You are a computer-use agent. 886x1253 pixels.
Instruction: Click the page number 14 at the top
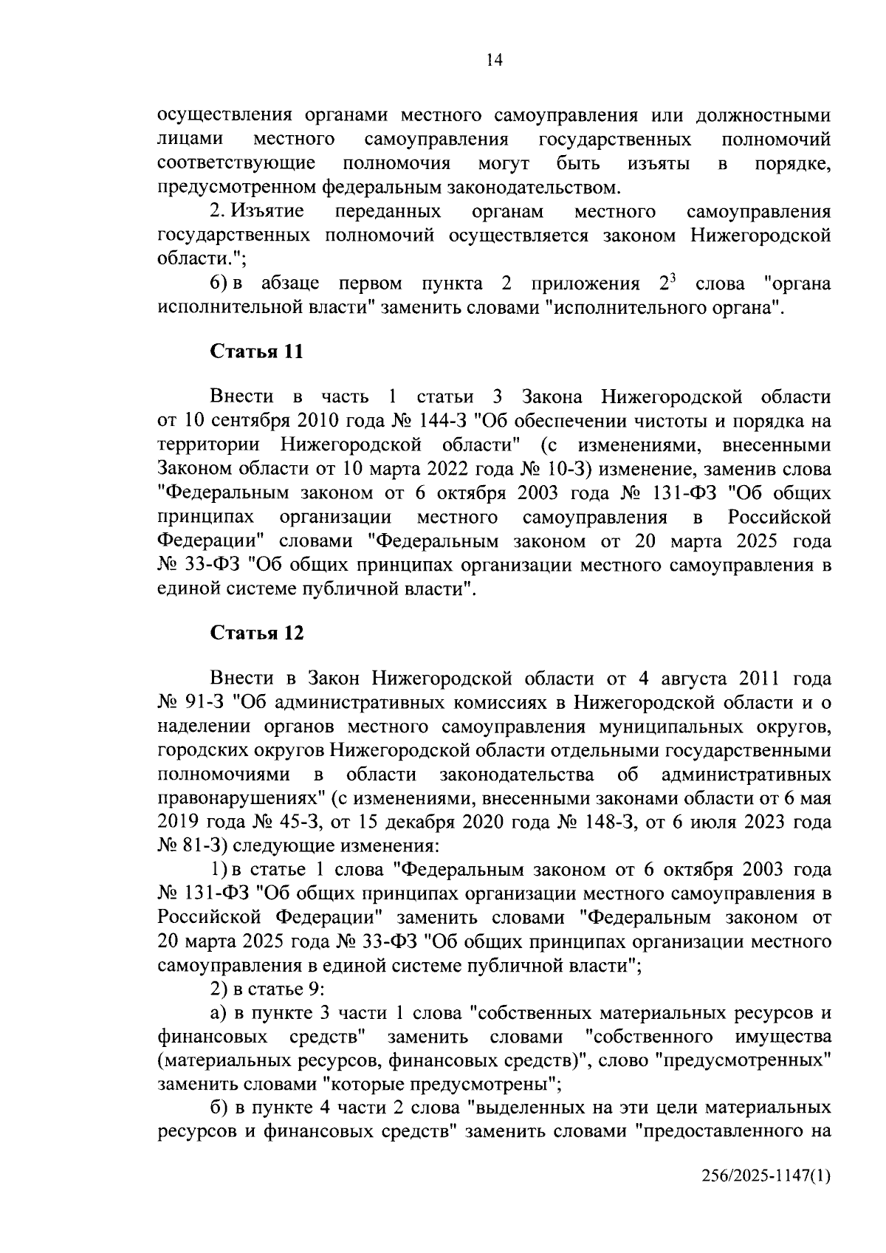(x=495, y=61)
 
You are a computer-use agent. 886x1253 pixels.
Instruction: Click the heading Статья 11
(x=256, y=351)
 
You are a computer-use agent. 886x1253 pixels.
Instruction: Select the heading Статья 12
(x=256, y=633)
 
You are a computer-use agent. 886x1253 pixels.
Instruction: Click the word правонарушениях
(x=241, y=799)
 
